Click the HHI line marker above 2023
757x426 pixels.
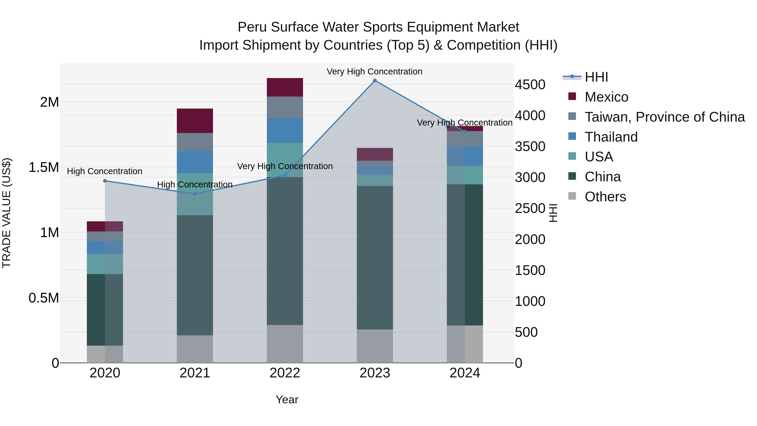click(375, 81)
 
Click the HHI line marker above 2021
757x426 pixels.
click(195, 194)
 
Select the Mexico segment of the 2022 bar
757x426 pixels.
click(285, 87)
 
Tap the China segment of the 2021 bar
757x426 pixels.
click(195, 275)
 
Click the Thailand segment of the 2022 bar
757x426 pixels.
click(285, 130)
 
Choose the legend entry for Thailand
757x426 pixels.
click(611, 137)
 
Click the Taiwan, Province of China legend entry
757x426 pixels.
click(664, 117)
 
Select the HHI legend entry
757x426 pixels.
click(596, 77)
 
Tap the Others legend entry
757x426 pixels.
click(605, 197)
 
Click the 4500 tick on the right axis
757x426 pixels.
click(530, 85)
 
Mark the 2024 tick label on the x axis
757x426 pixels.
click(465, 373)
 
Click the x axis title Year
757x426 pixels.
click(287, 399)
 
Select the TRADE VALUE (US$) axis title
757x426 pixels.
click(7, 213)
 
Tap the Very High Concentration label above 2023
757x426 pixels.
click(374, 72)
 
